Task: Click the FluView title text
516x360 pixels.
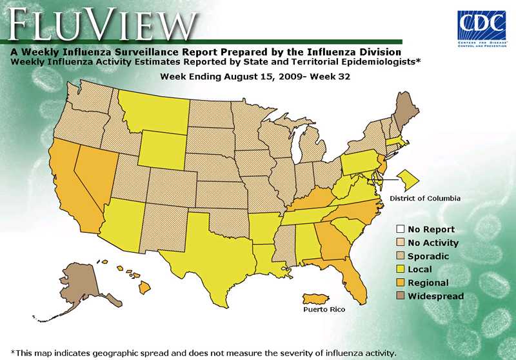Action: click(101, 25)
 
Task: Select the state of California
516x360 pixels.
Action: click(71, 187)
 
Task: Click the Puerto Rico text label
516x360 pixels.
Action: click(324, 310)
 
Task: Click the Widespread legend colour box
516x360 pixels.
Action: click(401, 296)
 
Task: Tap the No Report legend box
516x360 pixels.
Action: click(401, 229)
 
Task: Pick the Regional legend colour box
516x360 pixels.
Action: click(401, 283)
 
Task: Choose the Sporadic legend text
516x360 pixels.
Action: click(428, 256)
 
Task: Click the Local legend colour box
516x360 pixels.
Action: click(401, 269)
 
